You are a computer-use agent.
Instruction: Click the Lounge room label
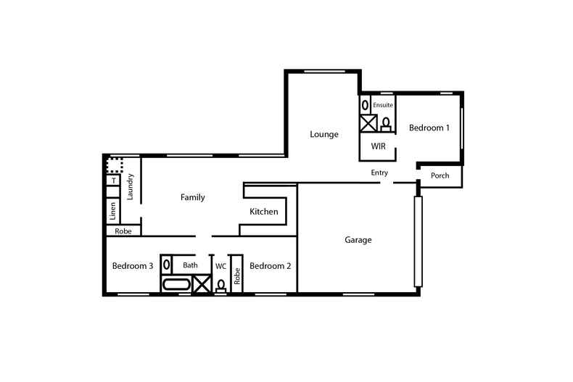(324, 134)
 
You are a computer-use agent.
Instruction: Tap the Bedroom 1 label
(429, 128)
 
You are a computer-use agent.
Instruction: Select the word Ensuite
(383, 106)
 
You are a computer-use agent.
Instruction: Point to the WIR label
(378, 147)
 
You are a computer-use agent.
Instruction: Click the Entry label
(379, 173)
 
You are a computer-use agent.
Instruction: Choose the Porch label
(440, 176)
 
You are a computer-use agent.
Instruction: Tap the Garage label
(358, 240)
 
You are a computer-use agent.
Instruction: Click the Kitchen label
(264, 212)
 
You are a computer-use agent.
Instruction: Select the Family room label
(192, 197)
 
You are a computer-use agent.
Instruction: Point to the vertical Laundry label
(131, 187)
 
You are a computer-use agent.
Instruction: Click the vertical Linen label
(113, 210)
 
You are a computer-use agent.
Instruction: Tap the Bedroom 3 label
(133, 266)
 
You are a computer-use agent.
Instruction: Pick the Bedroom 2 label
(270, 266)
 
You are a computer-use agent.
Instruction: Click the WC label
(220, 266)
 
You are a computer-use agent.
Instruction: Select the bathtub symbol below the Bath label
(175, 284)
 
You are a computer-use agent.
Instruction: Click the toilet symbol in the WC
(220, 286)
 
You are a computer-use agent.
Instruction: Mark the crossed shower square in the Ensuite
(368, 123)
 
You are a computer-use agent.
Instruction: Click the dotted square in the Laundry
(114, 165)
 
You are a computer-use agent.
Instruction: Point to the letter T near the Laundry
(113, 180)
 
